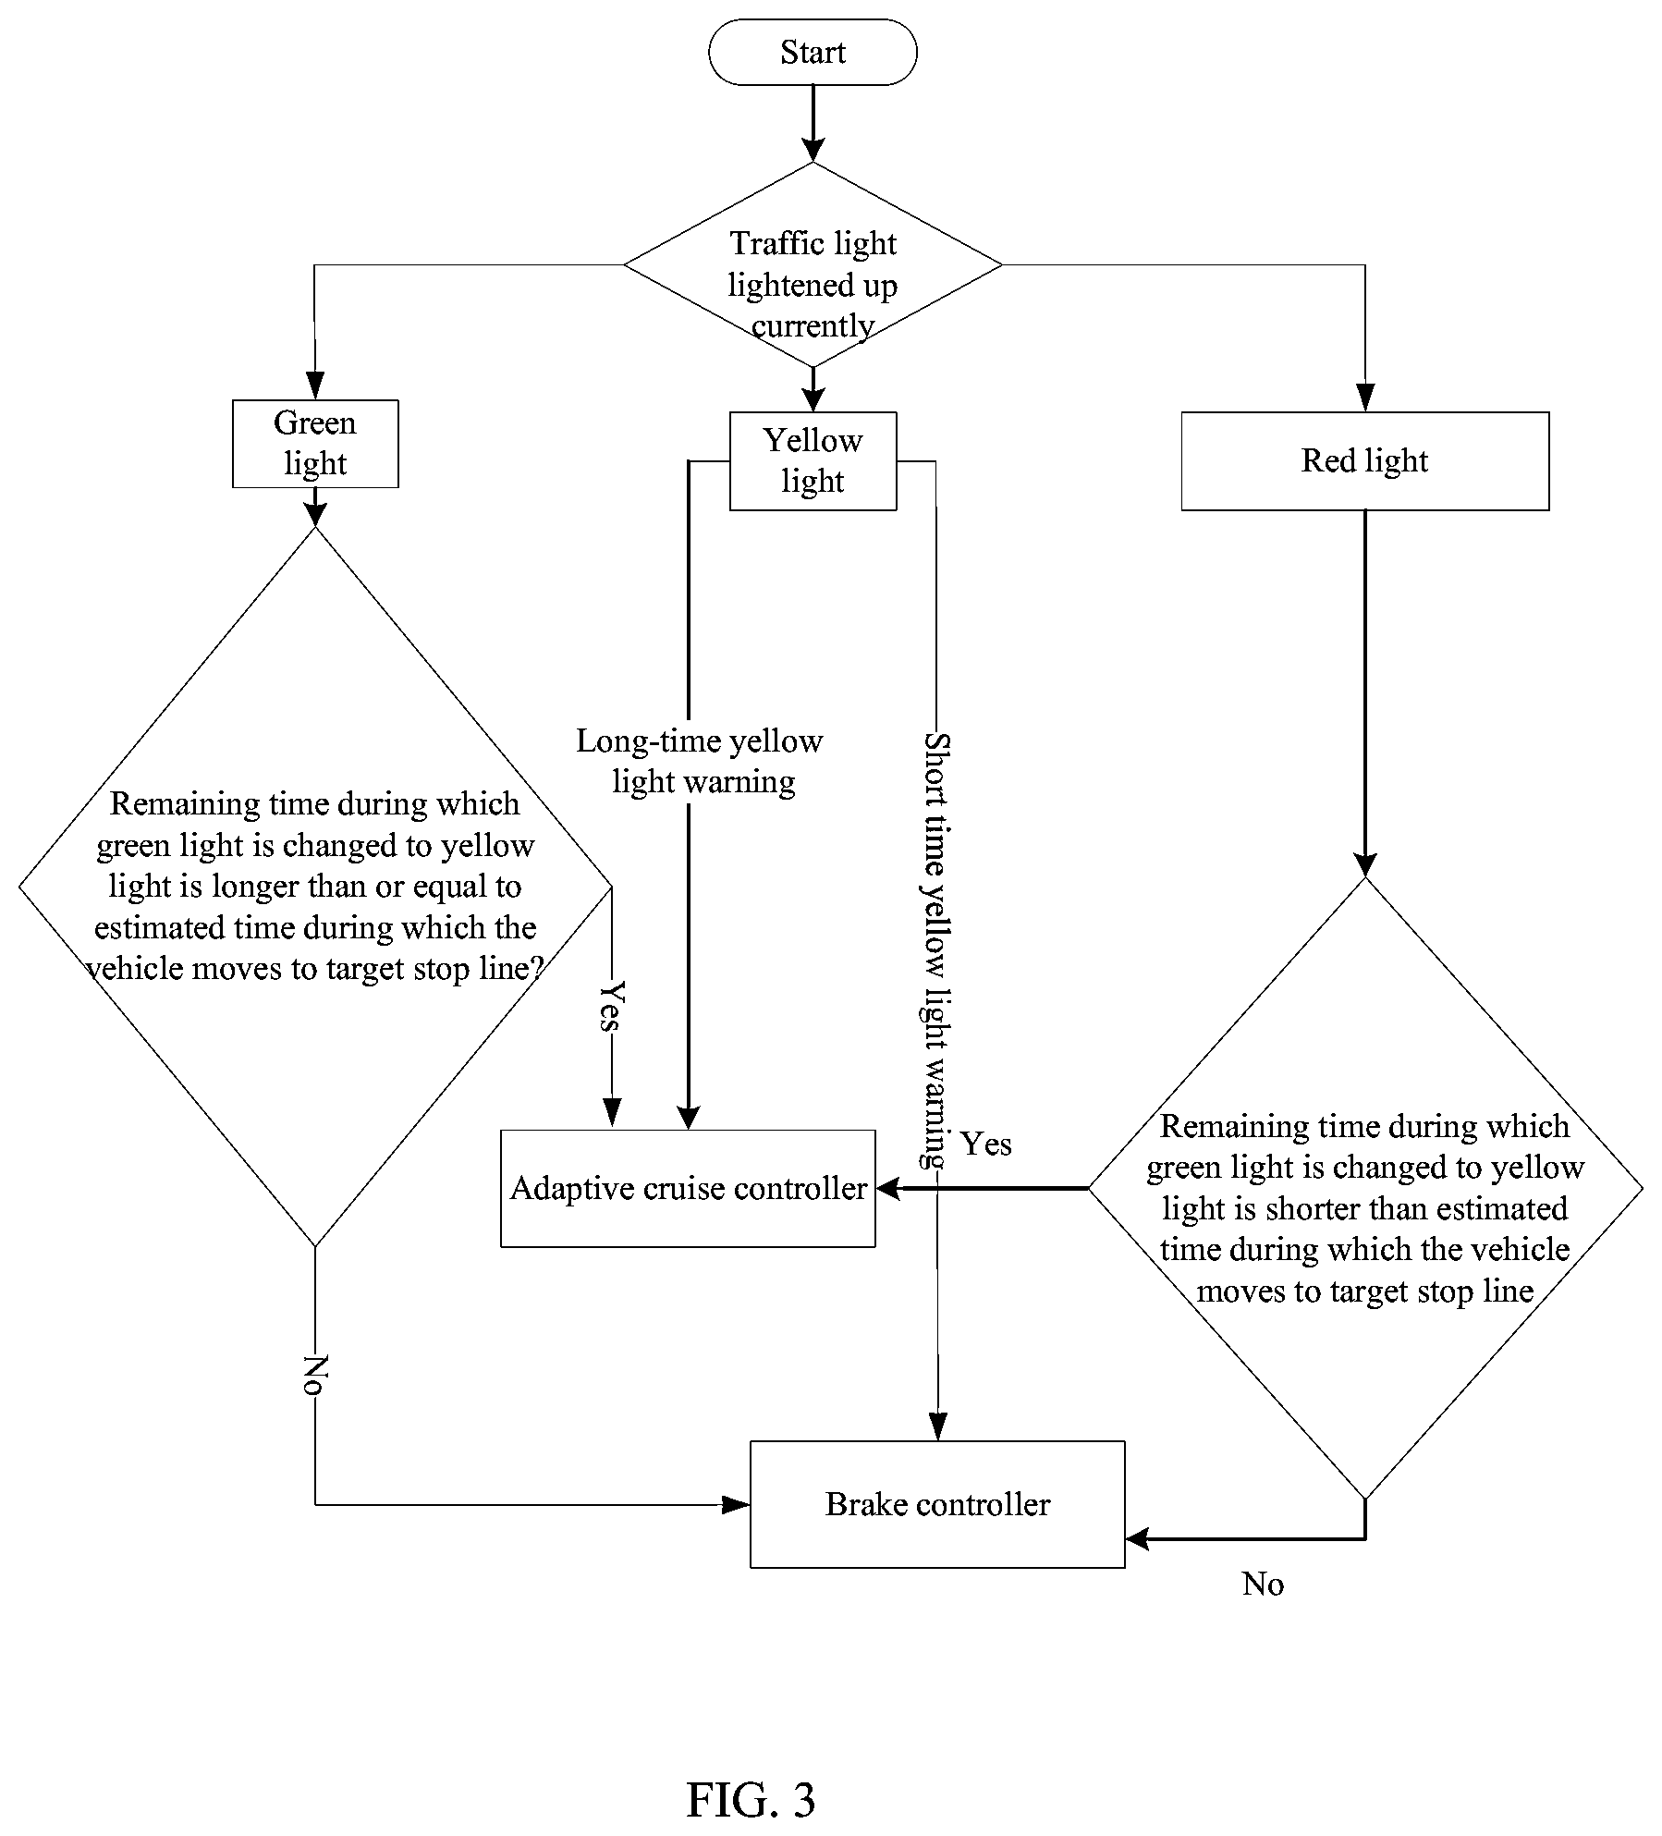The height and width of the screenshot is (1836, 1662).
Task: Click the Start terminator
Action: pyautogui.click(x=813, y=53)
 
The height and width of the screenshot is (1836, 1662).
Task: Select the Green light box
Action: pyautogui.click(x=315, y=444)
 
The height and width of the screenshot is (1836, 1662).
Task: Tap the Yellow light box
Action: pyautogui.click(x=813, y=461)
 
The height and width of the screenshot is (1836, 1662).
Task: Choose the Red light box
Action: pyautogui.click(x=1365, y=461)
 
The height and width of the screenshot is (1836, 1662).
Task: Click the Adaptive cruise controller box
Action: pyautogui.click(x=688, y=1188)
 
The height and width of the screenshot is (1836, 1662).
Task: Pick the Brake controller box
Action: pyautogui.click(x=937, y=1504)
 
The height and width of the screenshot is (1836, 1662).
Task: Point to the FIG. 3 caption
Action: pyautogui.click(x=751, y=1774)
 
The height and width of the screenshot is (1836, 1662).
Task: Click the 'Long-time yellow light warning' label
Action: pyautogui.click(x=700, y=761)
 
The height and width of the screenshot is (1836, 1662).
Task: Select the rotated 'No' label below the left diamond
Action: pyautogui.click(x=316, y=1375)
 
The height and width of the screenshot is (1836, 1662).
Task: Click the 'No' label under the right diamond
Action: pyautogui.click(x=1263, y=1584)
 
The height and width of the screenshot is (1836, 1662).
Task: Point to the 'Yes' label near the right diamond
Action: pyautogui.click(x=986, y=1144)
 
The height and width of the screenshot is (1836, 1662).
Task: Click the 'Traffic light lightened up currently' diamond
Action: pyautogui.click(x=813, y=265)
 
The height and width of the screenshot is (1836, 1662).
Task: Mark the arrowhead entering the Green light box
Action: pyautogui.click(x=315, y=386)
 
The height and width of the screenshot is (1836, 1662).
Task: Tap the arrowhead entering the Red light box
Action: pyautogui.click(x=1364, y=398)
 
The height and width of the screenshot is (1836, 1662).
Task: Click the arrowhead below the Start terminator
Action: pyautogui.click(x=813, y=149)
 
